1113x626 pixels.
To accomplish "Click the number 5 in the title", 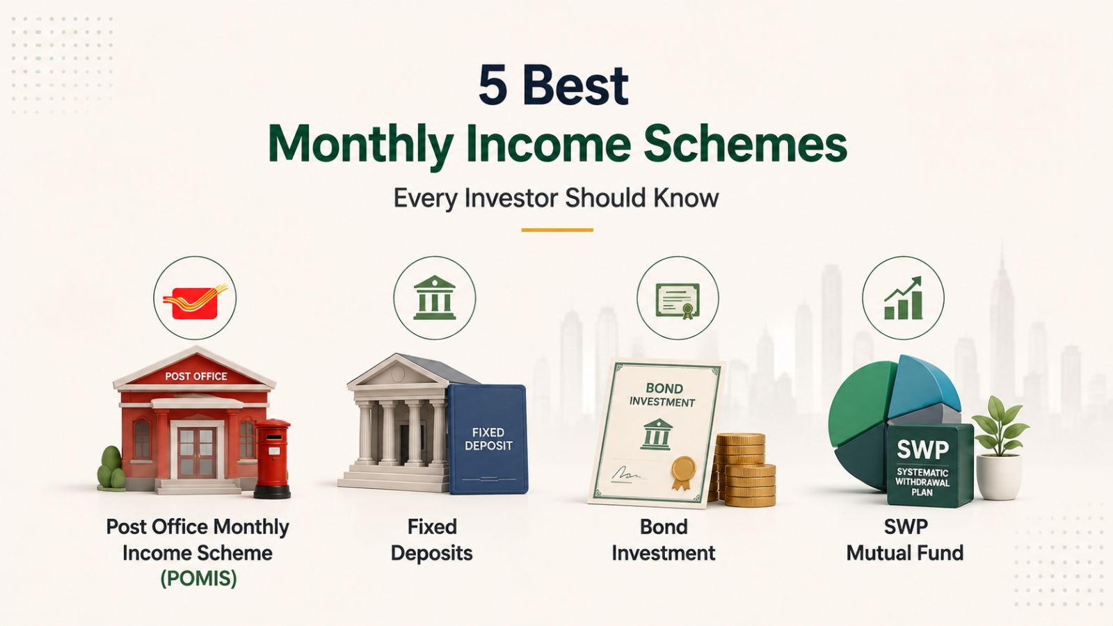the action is point(493,86).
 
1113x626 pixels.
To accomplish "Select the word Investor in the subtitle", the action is point(511,198).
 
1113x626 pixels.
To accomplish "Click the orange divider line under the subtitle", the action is point(557,230).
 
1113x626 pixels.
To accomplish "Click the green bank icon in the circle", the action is point(434,298).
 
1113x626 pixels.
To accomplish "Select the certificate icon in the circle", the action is point(678,301).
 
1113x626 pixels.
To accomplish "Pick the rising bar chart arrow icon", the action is point(904,298).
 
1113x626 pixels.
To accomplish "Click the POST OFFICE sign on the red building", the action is point(195,376).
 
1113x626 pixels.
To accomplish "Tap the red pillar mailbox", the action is point(272,458).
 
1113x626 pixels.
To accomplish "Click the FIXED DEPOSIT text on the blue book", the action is point(488,439).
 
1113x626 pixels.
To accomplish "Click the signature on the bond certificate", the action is point(625,474).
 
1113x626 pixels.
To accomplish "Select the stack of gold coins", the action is point(742,469).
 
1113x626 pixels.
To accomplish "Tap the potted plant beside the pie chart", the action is point(1000,448).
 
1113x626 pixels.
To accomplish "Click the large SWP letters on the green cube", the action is point(922,450).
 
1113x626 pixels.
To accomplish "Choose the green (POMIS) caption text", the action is point(198,579).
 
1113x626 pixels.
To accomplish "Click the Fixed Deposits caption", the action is point(432,540).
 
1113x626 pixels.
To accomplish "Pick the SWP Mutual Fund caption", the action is point(905,540).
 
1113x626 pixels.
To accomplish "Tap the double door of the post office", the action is point(197,453).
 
